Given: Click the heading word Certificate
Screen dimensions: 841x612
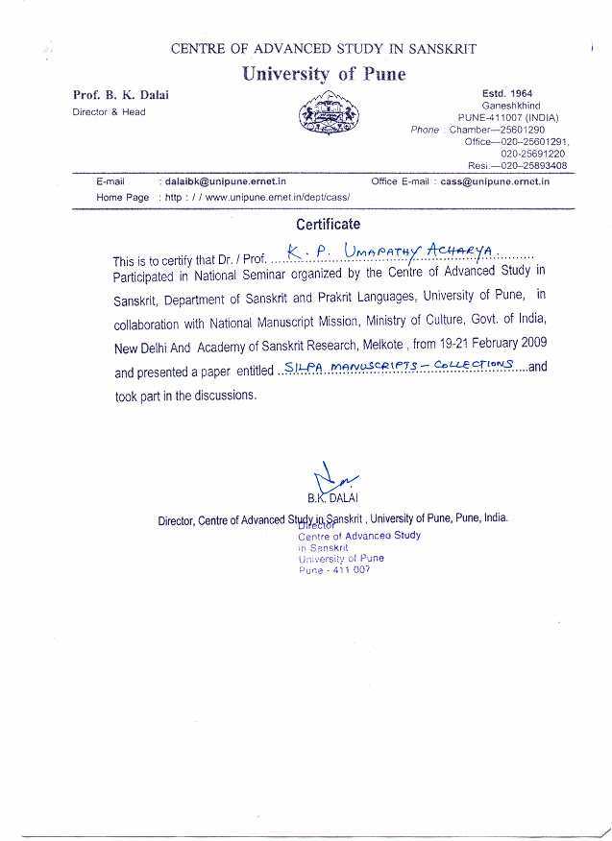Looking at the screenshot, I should click(x=329, y=225).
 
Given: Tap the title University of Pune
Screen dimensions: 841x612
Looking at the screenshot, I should click(x=324, y=74).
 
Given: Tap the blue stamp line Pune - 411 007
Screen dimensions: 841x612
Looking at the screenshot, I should click(x=334, y=569).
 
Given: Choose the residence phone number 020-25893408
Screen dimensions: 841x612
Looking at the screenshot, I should click(x=533, y=165).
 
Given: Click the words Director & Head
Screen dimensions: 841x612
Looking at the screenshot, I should click(x=110, y=111).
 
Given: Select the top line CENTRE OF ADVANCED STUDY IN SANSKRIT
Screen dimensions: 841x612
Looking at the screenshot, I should click(x=323, y=49).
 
